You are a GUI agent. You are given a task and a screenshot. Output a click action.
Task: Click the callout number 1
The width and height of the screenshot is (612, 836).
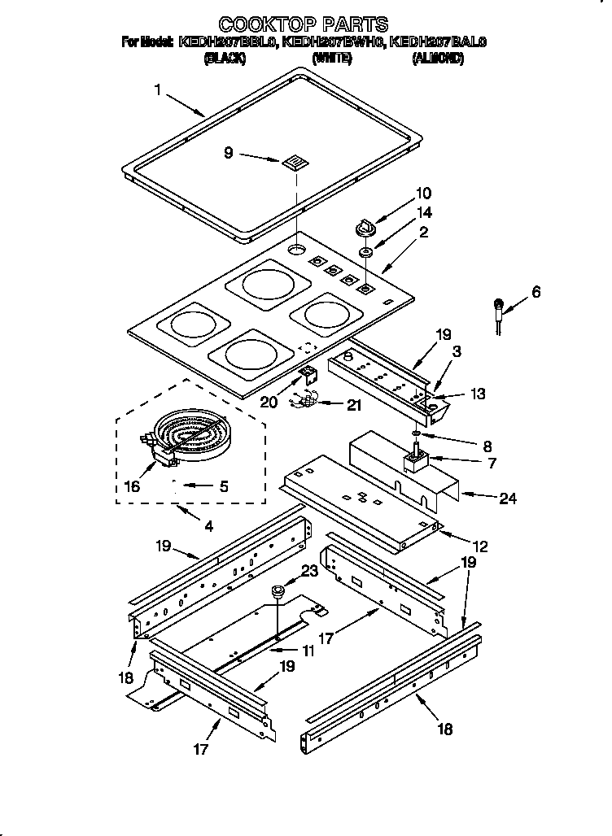click(x=157, y=90)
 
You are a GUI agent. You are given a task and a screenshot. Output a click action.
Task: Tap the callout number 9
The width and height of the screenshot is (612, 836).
click(x=229, y=151)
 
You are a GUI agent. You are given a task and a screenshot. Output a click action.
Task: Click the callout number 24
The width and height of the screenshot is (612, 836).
click(x=507, y=499)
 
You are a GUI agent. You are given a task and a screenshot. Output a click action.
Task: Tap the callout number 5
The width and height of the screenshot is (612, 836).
click(x=223, y=487)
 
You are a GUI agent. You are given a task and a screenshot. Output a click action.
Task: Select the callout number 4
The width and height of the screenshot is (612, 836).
click(x=208, y=526)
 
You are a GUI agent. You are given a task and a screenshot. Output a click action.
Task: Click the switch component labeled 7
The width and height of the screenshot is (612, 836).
click(x=416, y=464)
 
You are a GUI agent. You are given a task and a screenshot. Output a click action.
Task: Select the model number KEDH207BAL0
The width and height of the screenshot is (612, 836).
click(x=437, y=41)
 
